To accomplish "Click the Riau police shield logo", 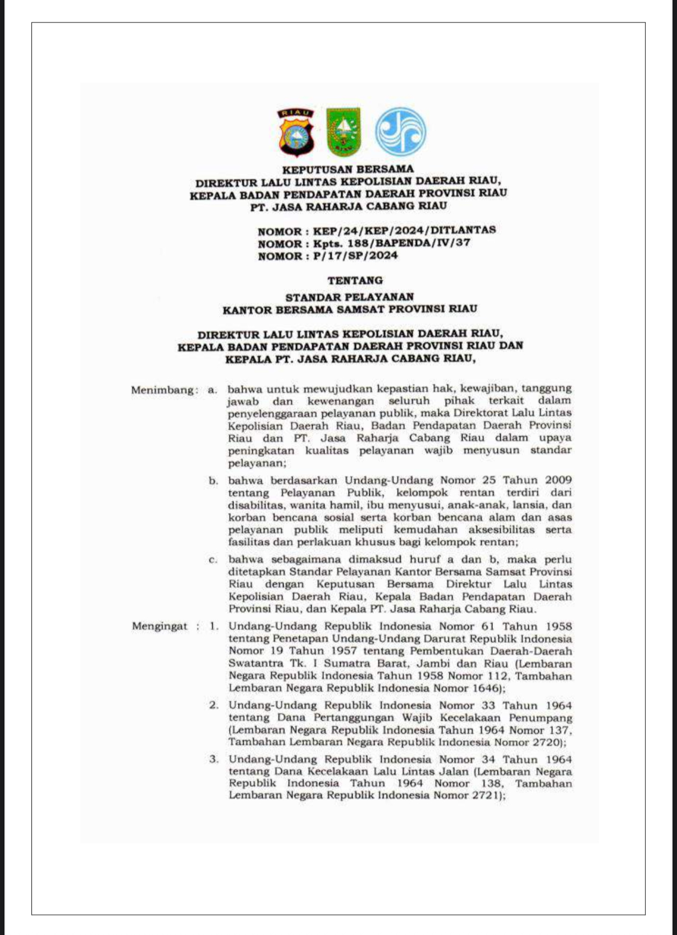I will tap(295, 133).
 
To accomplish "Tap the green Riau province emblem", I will tap(344, 132).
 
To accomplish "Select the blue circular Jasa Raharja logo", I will tap(400, 132).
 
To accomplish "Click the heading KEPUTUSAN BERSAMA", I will tap(347, 169).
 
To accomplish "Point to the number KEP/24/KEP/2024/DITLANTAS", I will tap(404, 230).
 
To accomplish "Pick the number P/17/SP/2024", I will tap(355, 256).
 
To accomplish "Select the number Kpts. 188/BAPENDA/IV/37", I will tap(392, 243).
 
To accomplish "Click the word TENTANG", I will tap(355, 280).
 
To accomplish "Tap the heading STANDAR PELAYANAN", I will tap(350, 297).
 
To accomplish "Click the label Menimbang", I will tap(163, 390).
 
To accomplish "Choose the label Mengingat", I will tap(159, 626).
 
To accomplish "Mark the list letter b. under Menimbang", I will tap(213, 481).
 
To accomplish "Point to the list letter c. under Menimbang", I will tap(213, 560).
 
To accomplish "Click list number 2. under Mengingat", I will tap(214, 705).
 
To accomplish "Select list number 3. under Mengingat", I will tap(214, 759).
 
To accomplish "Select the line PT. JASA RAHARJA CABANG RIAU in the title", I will tap(349, 206).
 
